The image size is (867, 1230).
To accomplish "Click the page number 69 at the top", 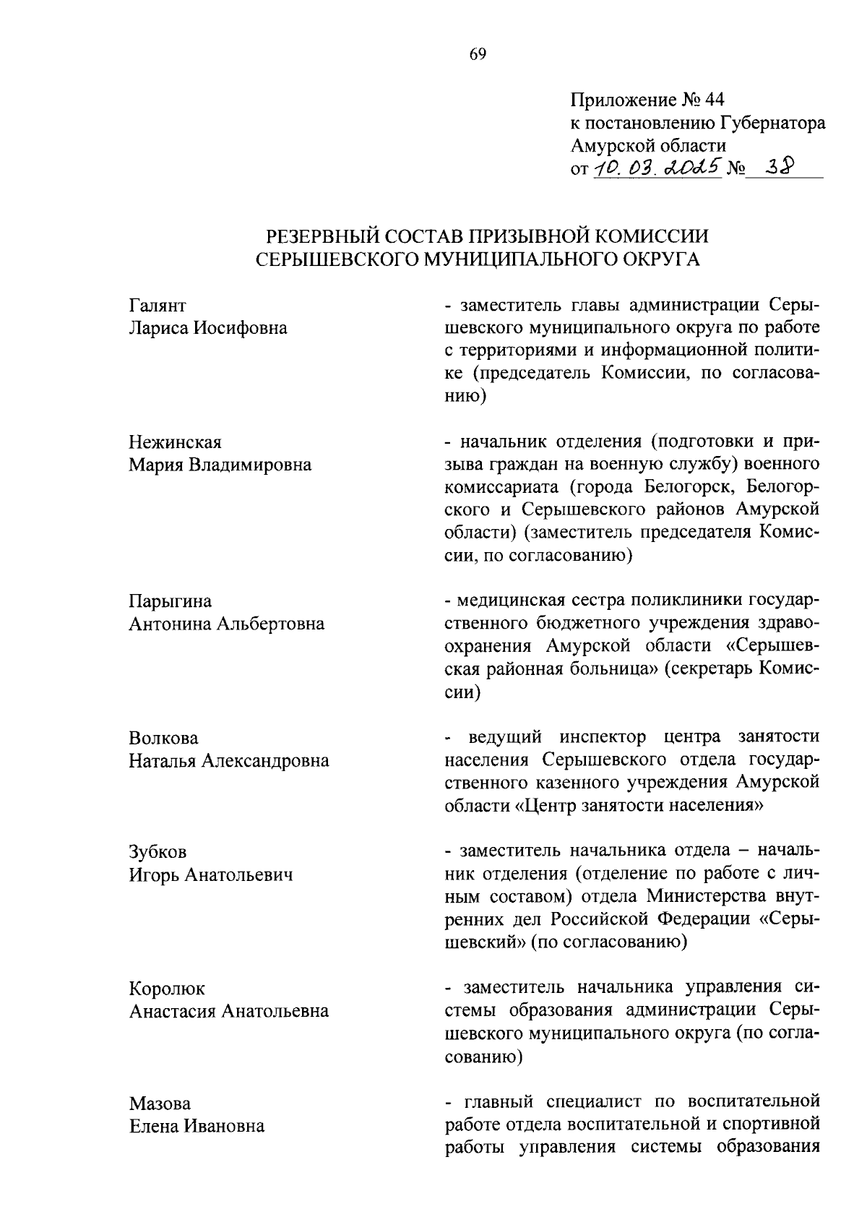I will click(478, 55).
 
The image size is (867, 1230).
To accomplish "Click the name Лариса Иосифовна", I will click(208, 328).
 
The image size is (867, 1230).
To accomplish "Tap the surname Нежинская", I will click(176, 442).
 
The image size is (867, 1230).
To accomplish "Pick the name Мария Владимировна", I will click(220, 465).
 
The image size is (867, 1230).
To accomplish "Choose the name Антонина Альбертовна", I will click(227, 624).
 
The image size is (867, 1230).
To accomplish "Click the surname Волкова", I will click(164, 739).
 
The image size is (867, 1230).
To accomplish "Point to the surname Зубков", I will click(158, 852).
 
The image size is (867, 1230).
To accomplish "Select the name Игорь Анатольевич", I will click(211, 875).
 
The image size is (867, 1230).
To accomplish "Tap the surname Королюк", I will click(167, 989).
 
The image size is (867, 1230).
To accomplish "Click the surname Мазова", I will click(160, 1104).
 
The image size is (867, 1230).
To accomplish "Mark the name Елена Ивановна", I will click(197, 1126).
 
